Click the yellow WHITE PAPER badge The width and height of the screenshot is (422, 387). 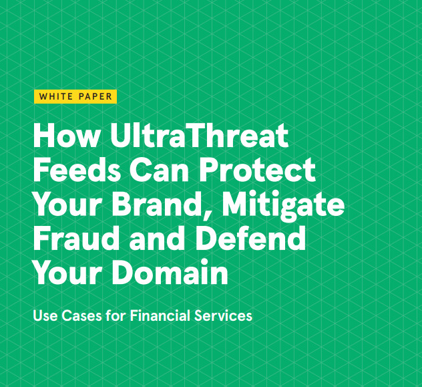[75, 96]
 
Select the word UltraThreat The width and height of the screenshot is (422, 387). [199, 135]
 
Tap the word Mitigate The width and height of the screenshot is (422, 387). [283, 205]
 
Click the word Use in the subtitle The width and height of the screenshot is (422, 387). [45, 315]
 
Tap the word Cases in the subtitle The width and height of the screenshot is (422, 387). [82, 315]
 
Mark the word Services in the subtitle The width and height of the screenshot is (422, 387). [223, 315]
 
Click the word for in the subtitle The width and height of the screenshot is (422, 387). [116, 315]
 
